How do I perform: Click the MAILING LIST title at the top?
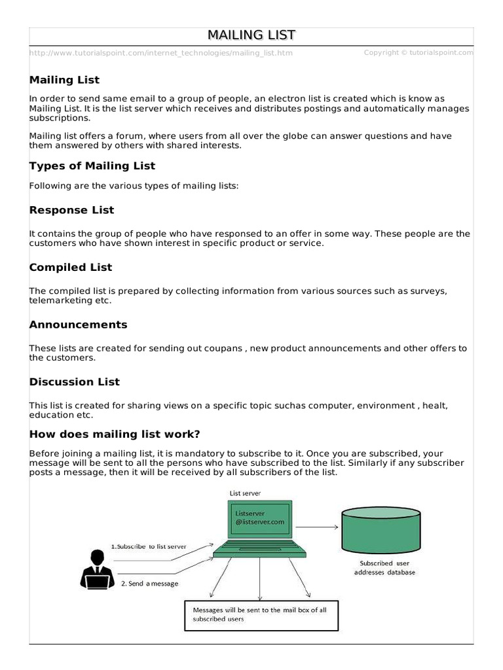coord(251,35)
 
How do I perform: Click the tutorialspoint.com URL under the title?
coord(161,53)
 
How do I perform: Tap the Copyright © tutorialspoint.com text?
coord(418,52)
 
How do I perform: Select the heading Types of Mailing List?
coord(92,166)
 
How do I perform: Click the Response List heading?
coord(71,210)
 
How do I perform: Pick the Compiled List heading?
coord(71,267)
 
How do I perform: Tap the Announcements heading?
coord(78,325)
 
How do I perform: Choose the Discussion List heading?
coord(75,381)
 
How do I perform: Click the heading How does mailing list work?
coord(115,434)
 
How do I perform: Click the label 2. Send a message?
coord(149,583)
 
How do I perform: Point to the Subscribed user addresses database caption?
coord(384,567)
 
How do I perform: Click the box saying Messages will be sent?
coord(261,614)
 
